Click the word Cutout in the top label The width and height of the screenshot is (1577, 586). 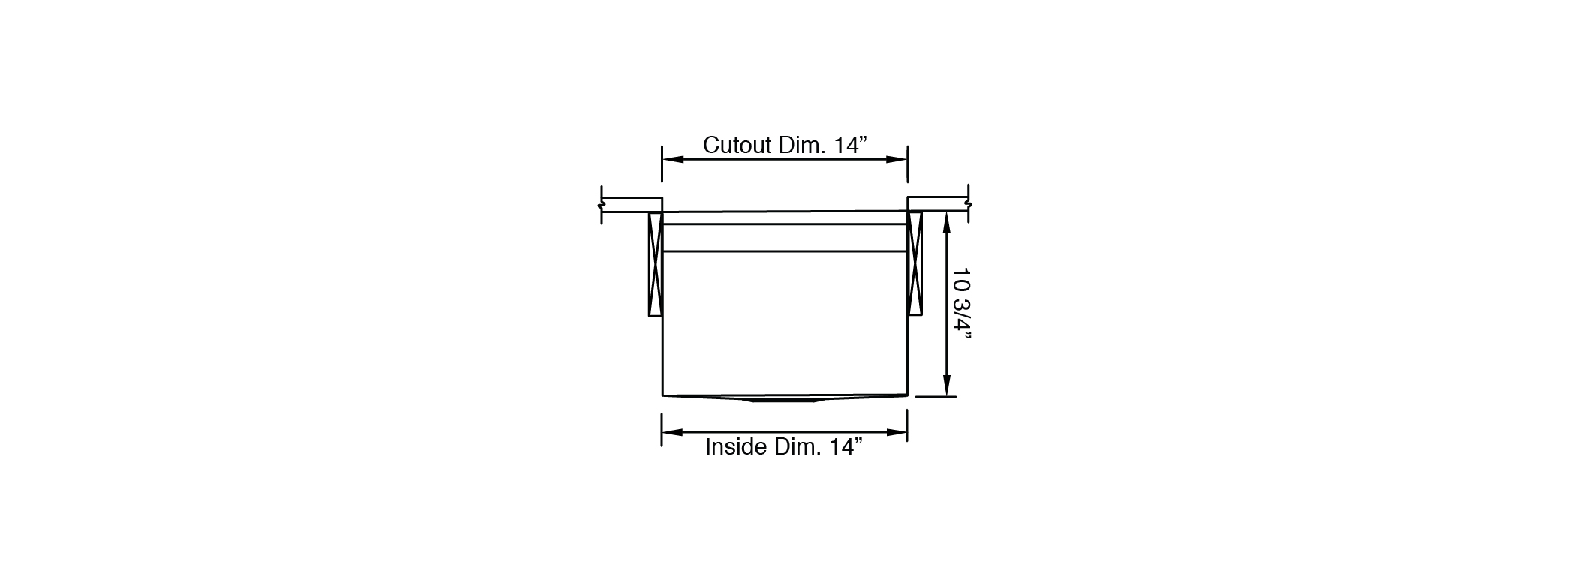coord(737,145)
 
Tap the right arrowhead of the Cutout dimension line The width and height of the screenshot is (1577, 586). coord(897,159)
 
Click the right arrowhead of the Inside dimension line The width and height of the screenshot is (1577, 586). coord(897,432)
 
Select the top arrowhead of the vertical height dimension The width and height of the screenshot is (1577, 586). coord(948,222)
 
